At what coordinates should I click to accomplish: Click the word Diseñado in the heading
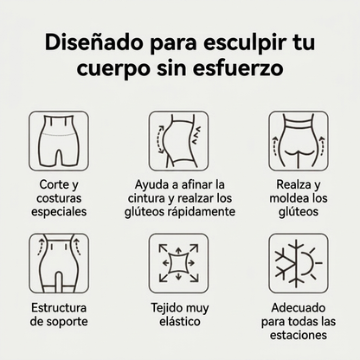point(93,43)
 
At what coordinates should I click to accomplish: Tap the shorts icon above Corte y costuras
point(59,141)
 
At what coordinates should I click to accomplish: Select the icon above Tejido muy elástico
point(179,263)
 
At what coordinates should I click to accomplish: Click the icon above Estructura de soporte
point(59,263)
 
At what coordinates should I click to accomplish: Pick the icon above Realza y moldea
point(299,141)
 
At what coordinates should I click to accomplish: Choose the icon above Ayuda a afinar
point(179,141)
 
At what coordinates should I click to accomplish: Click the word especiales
point(59,212)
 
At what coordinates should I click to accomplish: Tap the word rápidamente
point(202,212)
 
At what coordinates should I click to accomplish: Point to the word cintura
point(146,198)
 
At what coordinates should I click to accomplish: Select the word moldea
point(286,198)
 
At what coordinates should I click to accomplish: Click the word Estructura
point(59,308)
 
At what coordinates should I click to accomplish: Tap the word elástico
point(180,321)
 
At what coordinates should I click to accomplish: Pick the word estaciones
point(299,335)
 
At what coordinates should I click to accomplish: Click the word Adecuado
point(299,308)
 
